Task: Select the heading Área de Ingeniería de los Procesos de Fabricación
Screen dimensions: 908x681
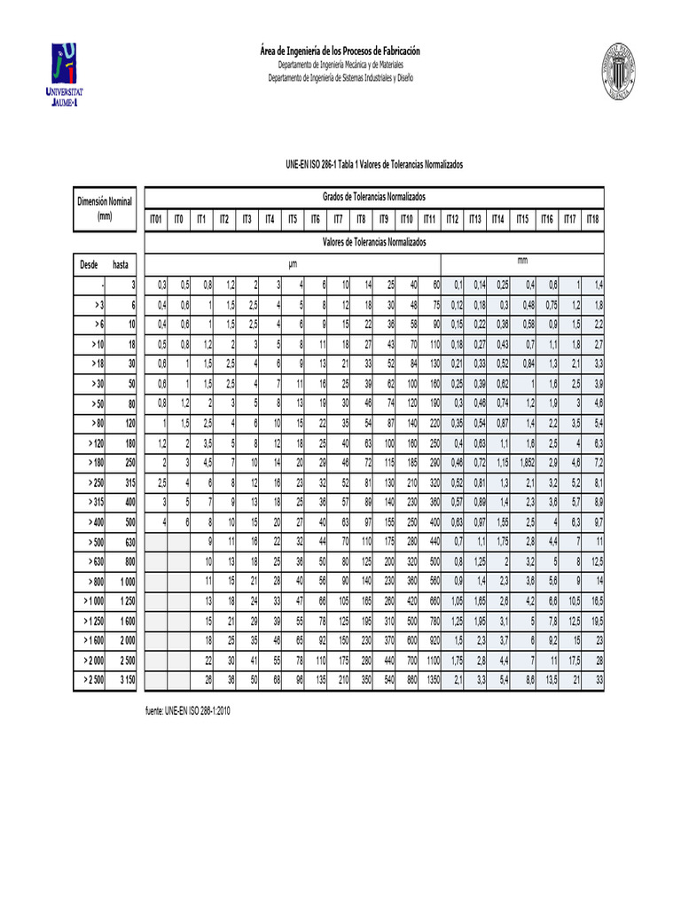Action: pyautogui.click(x=340, y=51)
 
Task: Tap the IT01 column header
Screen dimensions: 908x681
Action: pyautogui.click(x=156, y=219)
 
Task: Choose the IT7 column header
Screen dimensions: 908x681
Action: pyautogui.click(x=338, y=219)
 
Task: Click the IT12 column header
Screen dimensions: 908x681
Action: pyautogui.click(x=452, y=219)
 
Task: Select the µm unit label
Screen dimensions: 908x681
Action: pyautogui.click(x=294, y=264)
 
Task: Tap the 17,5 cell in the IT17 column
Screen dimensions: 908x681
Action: pyautogui.click(x=570, y=661)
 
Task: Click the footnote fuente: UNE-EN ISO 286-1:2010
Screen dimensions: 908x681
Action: pyautogui.click(x=192, y=711)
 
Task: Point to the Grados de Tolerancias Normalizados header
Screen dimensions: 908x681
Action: pyautogui.click(x=373, y=195)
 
